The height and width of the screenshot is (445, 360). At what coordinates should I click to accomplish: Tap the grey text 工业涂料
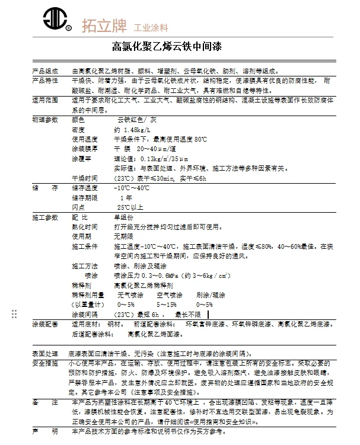[151, 27]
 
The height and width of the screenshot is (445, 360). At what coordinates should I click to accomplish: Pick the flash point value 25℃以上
[130, 207]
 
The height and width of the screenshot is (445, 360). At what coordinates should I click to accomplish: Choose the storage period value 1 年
[126, 197]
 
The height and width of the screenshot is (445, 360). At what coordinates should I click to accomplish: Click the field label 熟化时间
[84, 226]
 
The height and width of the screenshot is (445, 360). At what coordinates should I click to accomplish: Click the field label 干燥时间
[84, 178]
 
